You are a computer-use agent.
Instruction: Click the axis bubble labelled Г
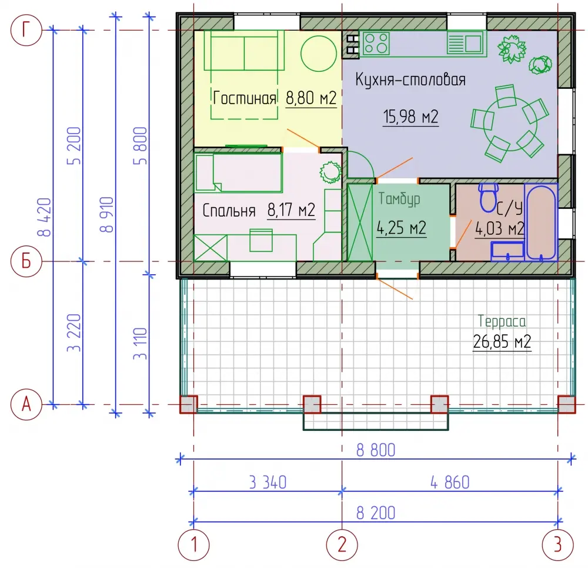point(26,30)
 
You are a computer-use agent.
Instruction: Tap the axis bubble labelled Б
point(26,261)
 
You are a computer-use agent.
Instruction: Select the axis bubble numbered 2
point(342,544)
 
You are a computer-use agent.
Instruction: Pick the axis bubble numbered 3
point(558,544)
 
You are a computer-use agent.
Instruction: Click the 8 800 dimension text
point(376,450)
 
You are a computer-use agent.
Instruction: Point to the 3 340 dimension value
point(268,483)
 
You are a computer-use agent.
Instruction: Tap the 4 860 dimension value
point(450,483)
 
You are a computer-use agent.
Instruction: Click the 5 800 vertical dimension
point(141,145)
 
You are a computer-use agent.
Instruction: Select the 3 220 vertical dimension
point(74,333)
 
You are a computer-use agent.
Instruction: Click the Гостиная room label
point(245,98)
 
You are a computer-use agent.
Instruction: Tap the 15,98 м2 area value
point(410,117)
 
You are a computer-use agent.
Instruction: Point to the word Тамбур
point(399,199)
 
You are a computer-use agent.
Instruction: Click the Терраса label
point(502,321)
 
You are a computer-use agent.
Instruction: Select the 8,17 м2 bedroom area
point(292,210)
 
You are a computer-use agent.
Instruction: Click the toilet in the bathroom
point(489,197)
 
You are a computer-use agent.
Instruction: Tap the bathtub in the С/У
point(540,222)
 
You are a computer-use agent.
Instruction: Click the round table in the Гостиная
point(318,53)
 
